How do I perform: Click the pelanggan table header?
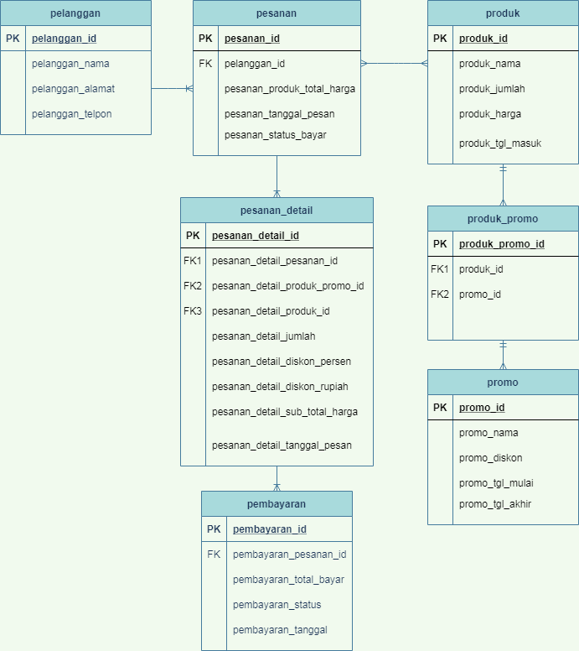coord(75,13)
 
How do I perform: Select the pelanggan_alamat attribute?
coord(73,89)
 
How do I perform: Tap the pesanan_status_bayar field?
coord(275,135)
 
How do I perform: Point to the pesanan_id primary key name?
coord(251,39)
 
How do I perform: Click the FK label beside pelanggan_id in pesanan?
coord(205,63)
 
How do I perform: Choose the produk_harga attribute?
coord(490,114)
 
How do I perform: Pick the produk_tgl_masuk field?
coord(500,143)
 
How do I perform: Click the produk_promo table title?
coord(503,219)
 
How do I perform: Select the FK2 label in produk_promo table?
coord(440,294)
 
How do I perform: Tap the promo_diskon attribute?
coord(490,458)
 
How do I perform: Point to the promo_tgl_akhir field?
coord(495,504)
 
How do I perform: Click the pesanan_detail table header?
coord(277,211)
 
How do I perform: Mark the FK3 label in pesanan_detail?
coord(193,311)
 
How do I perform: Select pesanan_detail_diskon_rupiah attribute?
coord(280,387)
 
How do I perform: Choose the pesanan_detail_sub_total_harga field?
coord(285,412)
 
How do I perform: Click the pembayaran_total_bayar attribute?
coord(288,580)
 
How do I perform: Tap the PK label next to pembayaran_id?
coord(214,529)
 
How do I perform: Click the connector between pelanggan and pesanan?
coord(172,88)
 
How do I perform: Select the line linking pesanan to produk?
coord(394,63)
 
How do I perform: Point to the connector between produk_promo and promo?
coord(503,355)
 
